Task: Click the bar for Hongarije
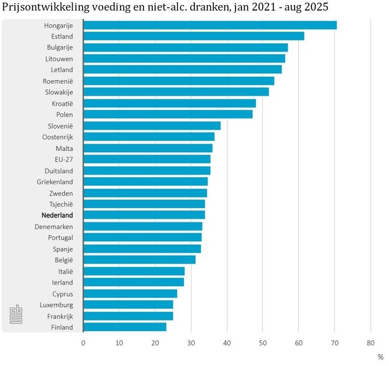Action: (x=209, y=25)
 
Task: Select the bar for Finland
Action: (x=124, y=327)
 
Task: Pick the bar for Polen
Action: (x=168, y=114)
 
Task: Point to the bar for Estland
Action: (x=193, y=36)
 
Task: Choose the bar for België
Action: (x=139, y=260)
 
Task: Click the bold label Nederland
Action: (x=57, y=215)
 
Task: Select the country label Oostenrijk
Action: (x=57, y=137)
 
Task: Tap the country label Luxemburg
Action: (x=56, y=305)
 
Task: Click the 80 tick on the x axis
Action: (x=370, y=342)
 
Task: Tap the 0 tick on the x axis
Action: (x=83, y=342)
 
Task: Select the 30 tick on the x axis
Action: (x=191, y=342)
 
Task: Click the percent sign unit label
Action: (x=380, y=357)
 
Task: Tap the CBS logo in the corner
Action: (x=16, y=314)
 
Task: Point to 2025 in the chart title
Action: (x=316, y=7)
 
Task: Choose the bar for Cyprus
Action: (x=130, y=293)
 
